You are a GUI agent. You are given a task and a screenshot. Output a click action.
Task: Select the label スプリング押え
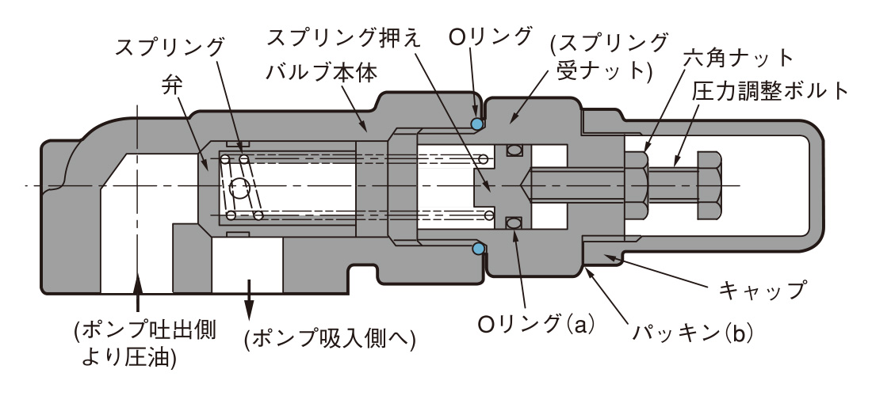[346, 36]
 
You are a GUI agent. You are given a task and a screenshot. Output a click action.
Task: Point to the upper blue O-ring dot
[477, 124]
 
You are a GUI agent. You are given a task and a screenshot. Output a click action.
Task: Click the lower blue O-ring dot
[478, 249]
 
